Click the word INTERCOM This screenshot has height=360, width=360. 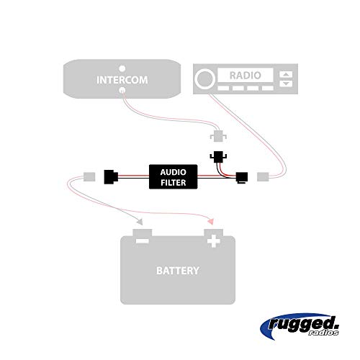tap(122, 79)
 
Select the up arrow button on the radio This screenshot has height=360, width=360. tap(287, 74)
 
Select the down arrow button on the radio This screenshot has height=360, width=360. tap(287, 84)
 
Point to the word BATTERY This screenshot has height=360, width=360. tap(178, 271)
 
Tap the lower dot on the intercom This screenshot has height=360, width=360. tap(121, 91)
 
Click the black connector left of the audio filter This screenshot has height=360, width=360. tap(112, 175)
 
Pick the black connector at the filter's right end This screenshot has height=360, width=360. tap(242, 176)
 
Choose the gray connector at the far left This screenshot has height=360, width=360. tap(90, 175)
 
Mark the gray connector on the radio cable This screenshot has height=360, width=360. tap(263, 176)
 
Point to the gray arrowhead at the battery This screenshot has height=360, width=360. tap(141, 222)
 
